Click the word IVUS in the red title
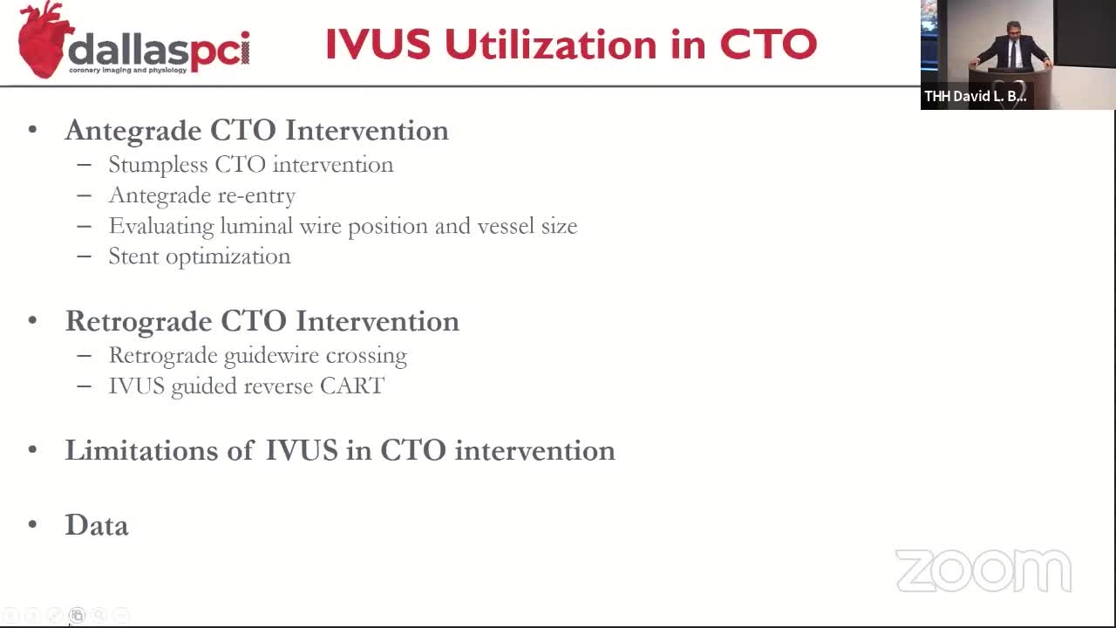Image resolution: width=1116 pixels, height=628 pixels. pyautogui.click(x=378, y=44)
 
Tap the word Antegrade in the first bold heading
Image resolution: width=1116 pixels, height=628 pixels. pyautogui.click(x=133, y=132)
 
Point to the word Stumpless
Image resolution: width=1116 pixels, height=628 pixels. pyautogui.click(x=158, y=166)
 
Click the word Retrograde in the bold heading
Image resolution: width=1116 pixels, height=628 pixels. pyautogui.click(x=138, y=322)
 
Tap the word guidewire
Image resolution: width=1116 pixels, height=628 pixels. pyautogui.click(x=271, y=356)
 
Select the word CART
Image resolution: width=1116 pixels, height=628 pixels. pyautogui.click(x=351, y=386)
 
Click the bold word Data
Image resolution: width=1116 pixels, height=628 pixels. pyautogui.click(x=97, y=525)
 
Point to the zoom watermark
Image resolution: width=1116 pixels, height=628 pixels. pyautogui.click(x=983, y=570)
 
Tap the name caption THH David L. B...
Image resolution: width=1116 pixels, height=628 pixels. pyautogui.click(x=975, y=96)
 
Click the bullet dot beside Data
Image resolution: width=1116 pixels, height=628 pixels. pyautogui.click(x=33, y=524)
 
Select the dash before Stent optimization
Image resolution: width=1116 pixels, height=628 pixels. pyautogui.click(x=85, y=256)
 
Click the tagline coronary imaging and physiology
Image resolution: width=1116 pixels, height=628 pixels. pyautogui.click(x=127, y=71)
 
